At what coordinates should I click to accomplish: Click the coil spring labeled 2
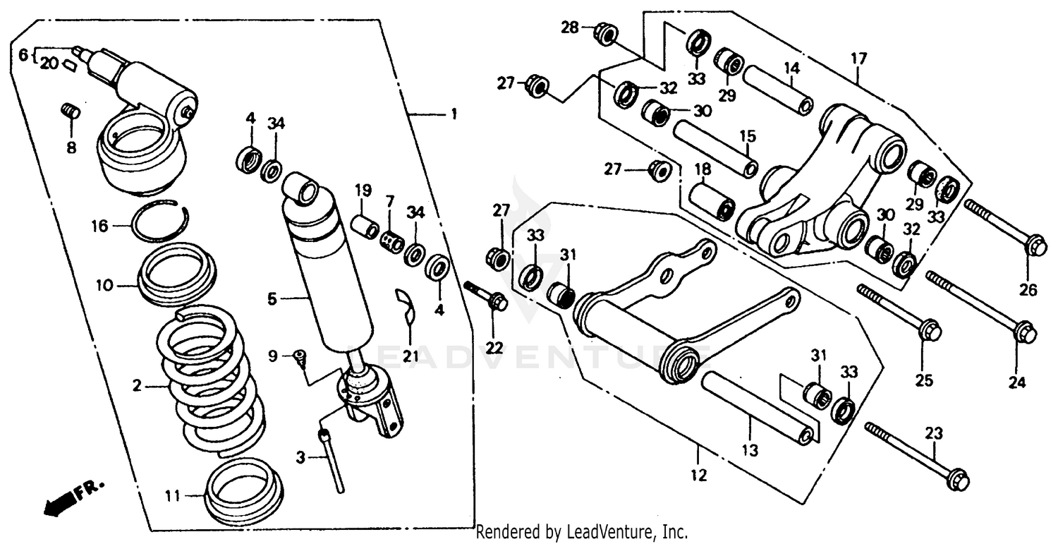click(212, 385)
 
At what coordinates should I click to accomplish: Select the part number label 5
click(272, 299)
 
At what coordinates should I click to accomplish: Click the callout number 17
click(858, 58)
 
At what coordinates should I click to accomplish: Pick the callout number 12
click(698, 475)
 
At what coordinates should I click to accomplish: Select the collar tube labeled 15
click(716, 148)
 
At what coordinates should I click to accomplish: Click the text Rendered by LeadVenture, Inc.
click(582, 531)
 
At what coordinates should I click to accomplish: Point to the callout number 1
click(454, 114)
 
